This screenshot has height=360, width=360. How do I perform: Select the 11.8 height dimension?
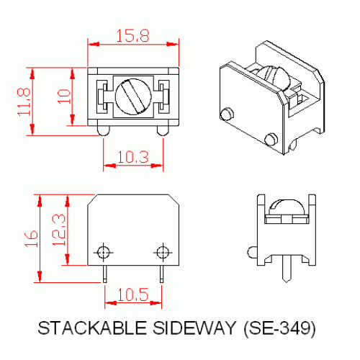[x=23, y=101]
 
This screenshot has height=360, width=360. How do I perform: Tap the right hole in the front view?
[x=162, y=251]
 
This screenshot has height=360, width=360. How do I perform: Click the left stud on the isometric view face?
[x=226, y=114]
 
